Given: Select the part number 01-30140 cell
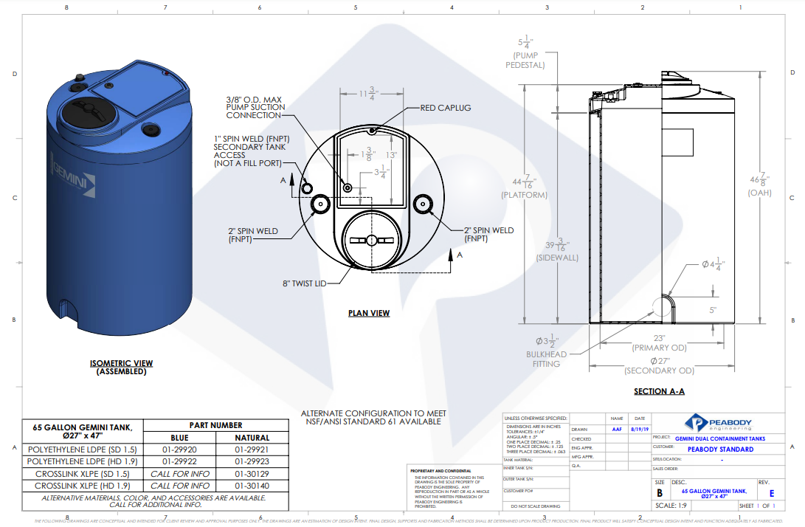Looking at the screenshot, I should [252, 486].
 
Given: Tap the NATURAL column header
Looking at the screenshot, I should [252, 438].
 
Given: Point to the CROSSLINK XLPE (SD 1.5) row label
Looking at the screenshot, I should [82, 474].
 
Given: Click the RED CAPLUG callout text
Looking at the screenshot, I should [445, 108].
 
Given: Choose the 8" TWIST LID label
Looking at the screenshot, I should [304, 283].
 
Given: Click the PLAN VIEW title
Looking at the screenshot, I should [369, 314].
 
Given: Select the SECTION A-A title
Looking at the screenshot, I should [660, 392].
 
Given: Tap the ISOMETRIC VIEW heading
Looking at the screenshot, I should [122, 363].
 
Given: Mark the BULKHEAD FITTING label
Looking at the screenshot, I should [542, 359].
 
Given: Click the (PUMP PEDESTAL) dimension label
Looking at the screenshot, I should [525, 61].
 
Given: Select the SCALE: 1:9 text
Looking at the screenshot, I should [671, 506].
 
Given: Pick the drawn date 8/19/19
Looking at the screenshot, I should [639, 429].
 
